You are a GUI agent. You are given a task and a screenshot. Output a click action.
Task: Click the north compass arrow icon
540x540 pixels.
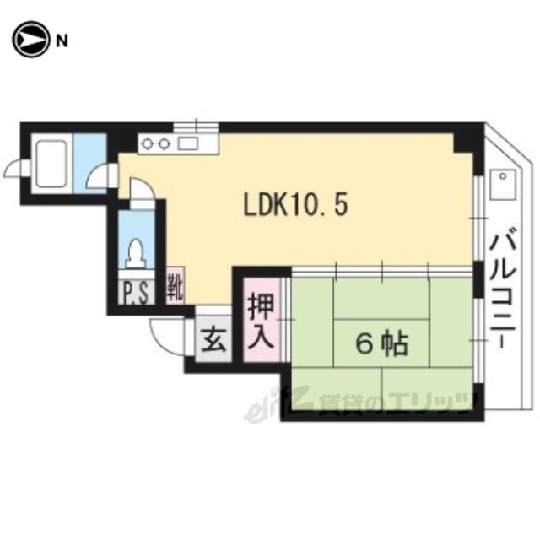pyautogui.click(x=28, y=39)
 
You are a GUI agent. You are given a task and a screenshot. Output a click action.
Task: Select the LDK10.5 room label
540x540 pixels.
pyautogui.click(x=296, y=204)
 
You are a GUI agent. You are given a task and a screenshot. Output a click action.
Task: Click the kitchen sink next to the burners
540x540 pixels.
pyautogui.click(x=187, y=143)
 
